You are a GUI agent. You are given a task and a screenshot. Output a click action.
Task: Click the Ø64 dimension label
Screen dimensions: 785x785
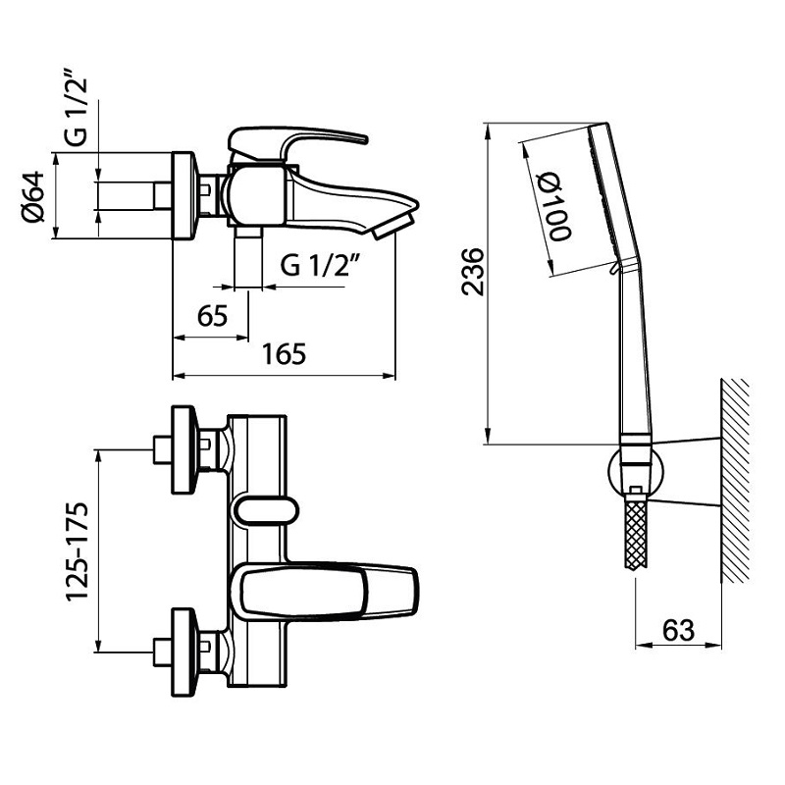point(33,197)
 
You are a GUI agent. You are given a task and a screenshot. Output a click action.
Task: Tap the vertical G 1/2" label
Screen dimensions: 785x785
point(77,111)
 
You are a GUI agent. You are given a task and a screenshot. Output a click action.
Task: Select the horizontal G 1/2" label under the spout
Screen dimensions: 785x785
point(321,264)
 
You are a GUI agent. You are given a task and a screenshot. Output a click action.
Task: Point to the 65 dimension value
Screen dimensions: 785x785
point(212,316)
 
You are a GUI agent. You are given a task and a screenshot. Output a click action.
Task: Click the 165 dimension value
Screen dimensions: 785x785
point(284,354)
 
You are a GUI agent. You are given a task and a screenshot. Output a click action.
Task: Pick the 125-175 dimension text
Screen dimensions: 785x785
point(78,550)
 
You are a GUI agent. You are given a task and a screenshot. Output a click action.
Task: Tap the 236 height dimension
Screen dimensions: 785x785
point(473,272)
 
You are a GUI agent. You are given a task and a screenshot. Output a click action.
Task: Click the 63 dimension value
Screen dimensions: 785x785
point(678,630)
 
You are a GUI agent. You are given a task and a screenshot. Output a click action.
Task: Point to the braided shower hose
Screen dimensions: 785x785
point(636,534)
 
